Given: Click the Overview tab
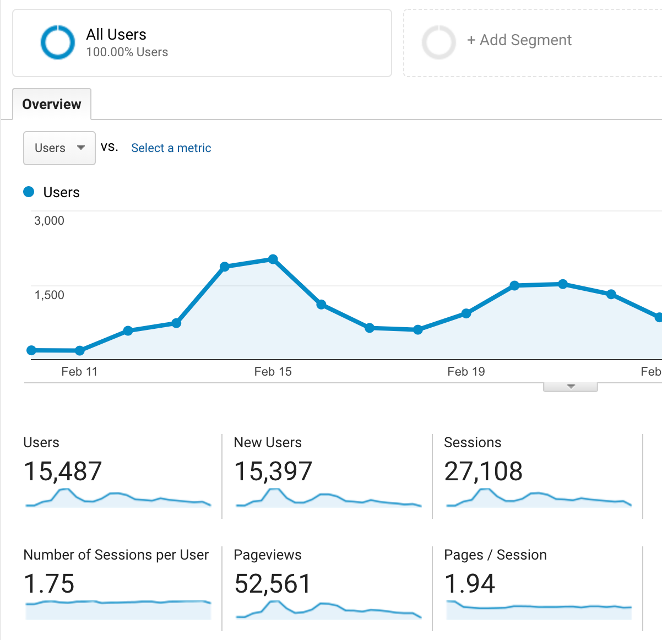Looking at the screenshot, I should (52, 104).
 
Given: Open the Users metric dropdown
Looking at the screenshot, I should (59, 148).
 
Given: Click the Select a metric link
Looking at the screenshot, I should (171, 148).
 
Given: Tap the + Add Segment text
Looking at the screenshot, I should (519, 40).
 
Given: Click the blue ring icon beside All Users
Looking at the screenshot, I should (57, 42).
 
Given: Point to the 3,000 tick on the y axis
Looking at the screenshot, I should (49, 220).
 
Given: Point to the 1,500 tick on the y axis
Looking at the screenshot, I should (49, 295).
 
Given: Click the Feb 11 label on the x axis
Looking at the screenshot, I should (79, 371).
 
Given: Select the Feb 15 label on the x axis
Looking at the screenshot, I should (273, 371).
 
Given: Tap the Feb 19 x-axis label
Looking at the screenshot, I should (466, 371).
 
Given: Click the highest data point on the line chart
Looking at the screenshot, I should (273, 259).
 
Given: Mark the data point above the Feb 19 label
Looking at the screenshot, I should (466, 313).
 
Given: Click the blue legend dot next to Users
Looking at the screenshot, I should (29, 192).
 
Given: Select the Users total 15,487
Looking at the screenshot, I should (63, 471).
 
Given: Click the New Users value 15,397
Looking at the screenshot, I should (273, 471).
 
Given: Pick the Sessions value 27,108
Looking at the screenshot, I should (483, 471).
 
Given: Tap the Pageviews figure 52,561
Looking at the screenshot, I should (273, 584).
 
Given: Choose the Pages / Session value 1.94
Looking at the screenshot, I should (469, 584).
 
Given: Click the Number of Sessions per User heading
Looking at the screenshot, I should (116, 555).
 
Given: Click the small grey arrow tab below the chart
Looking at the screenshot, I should (571, 387).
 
